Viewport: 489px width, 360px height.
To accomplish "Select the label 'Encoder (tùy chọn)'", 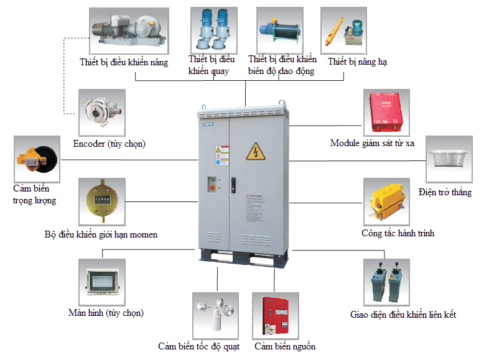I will pos(109,144).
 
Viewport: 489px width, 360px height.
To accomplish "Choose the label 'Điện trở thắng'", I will pos(445,192).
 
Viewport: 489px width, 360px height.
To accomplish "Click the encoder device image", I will pos(101,112).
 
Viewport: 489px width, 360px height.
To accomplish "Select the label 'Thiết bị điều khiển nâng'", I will pos(124,63).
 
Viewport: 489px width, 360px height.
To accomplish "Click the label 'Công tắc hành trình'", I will pos(398,234).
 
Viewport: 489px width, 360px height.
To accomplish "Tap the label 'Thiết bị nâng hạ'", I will pos(358,62).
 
